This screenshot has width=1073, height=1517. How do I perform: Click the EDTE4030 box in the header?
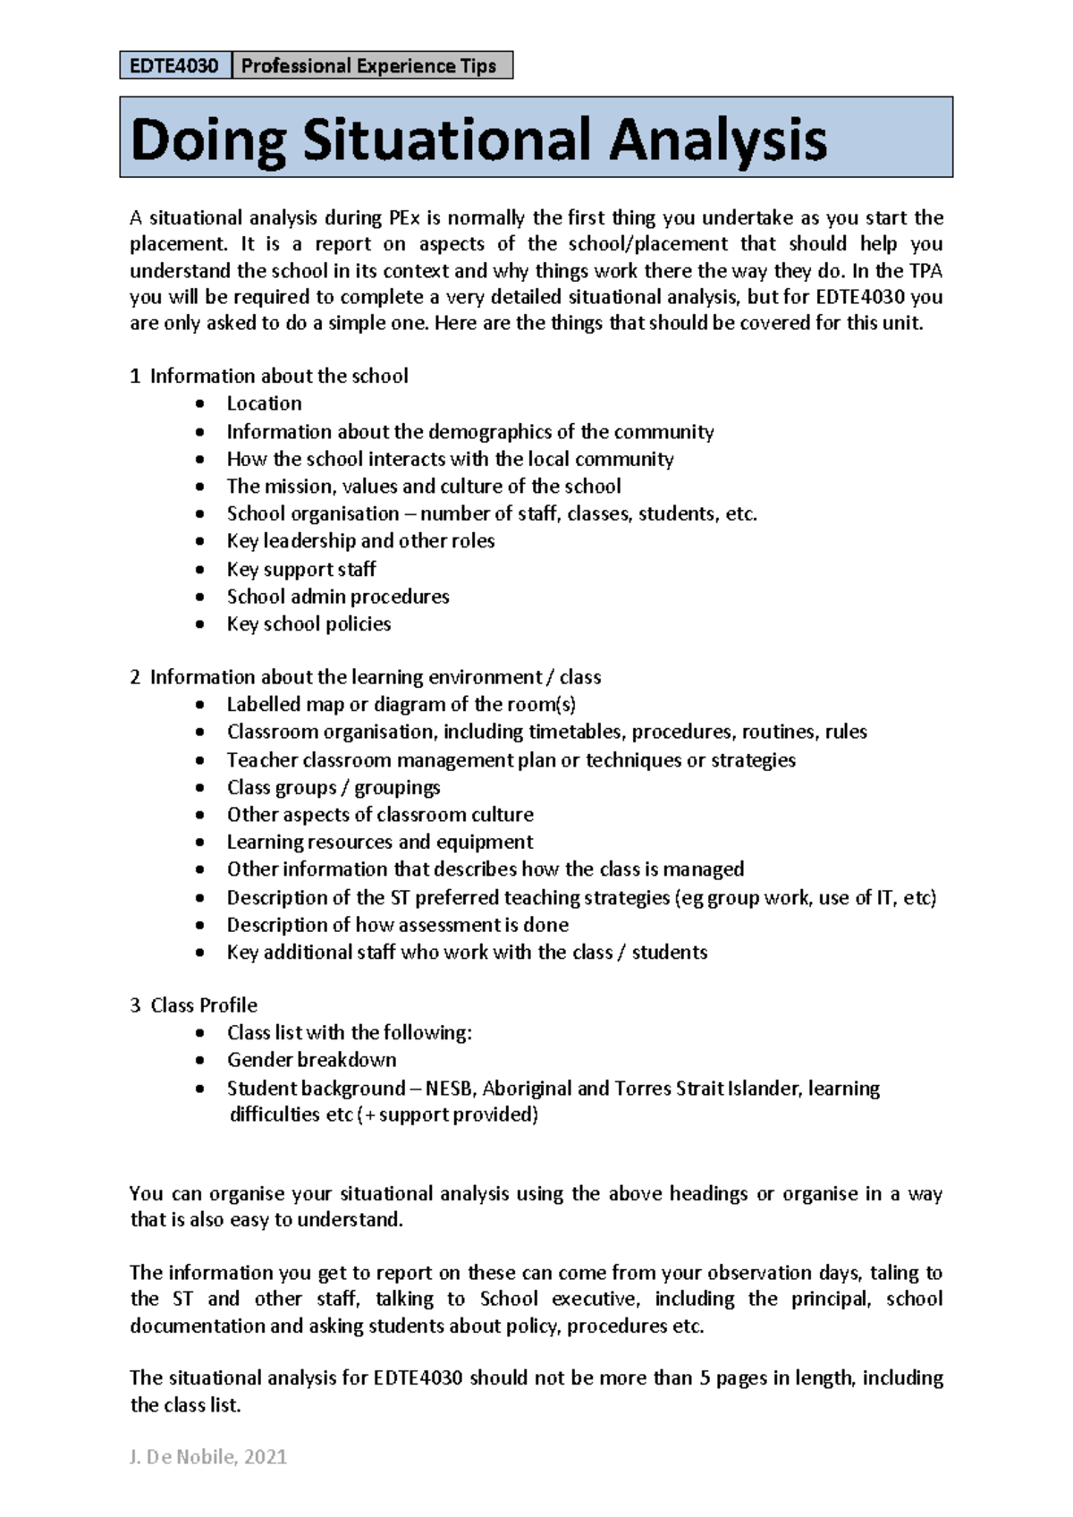(174, 65)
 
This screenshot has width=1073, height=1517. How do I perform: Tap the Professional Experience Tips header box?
(371, 65)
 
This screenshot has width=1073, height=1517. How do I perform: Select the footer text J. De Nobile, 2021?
(208, 1457)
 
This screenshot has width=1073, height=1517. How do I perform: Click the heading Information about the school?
(278, 376)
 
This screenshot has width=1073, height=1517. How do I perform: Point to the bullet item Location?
(264, 403)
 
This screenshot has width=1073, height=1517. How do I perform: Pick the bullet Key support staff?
(301, 569)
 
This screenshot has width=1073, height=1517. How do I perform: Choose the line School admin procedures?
(338, 597)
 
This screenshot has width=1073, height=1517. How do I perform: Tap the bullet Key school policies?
(308, 624)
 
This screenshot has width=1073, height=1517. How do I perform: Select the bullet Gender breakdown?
(311, 1060)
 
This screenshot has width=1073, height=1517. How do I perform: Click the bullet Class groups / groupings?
(334, 787)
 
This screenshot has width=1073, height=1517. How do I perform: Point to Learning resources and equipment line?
(380, 843)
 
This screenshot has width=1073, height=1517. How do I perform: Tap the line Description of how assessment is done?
(397, 925)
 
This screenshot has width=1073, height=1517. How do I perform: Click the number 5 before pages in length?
(705, 1378)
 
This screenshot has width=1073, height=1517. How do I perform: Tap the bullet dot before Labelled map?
(200, 706)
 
